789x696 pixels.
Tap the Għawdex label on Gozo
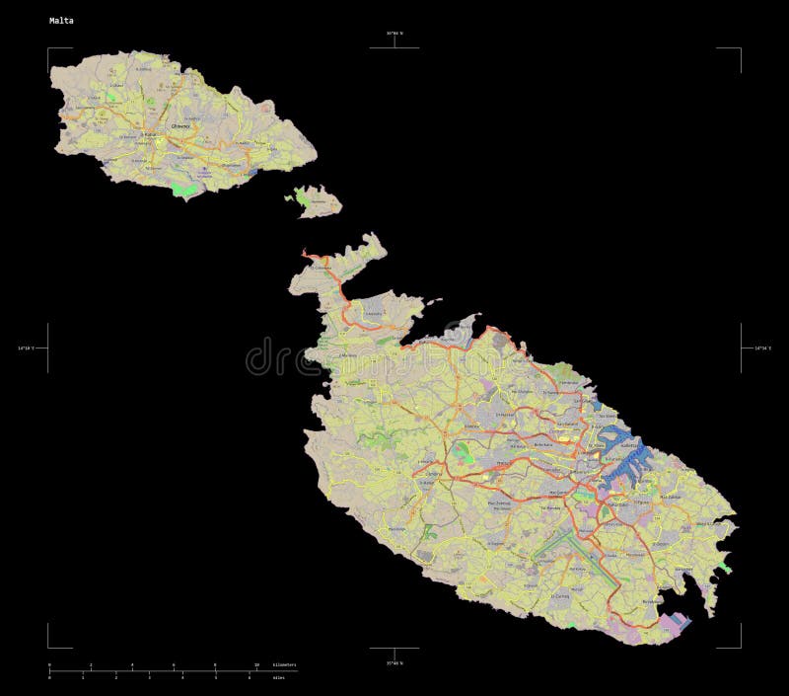pyautogui.click(x=180, y=126)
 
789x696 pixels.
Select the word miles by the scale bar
pyautogui.click(x=278, y=677)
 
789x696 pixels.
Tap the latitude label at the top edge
pyautogui.click(x=394, y=34)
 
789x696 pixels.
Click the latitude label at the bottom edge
pyautogui.click(x=394, y=662)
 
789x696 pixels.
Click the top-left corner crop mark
pyautogui.click(x=48, y=48)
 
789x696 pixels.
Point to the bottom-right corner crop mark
pyautogui.click(x=740, y=647)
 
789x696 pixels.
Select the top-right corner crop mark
pyautogui.click(x=740, y=48)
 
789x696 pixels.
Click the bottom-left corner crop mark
pyautogui.click(x=48, y=647)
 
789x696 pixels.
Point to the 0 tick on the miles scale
pyautogui.click(x=49, y=677)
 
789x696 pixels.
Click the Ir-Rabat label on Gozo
pyautogui.click(x=150, y=134)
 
